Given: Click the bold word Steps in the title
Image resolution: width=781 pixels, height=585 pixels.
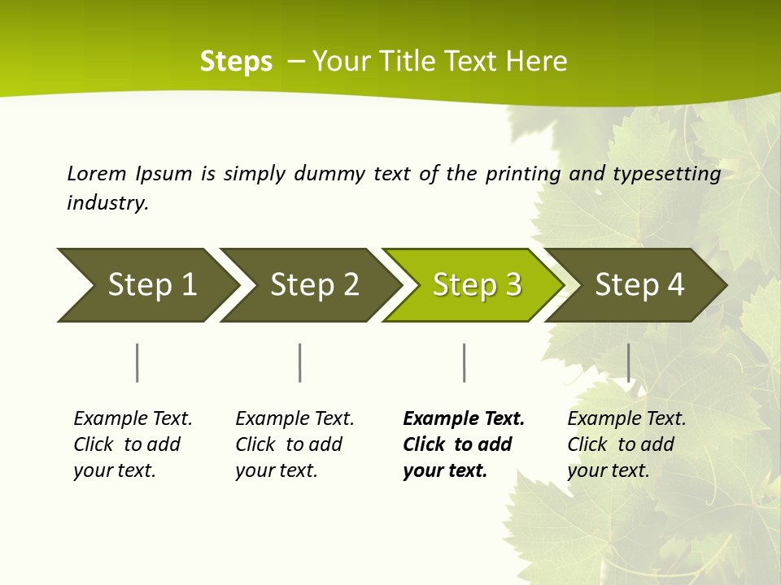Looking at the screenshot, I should (236, 62).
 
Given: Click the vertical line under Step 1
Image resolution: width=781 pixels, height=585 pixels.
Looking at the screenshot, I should (137, 362).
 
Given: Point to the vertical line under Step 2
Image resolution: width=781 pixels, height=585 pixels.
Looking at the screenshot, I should (300, 362).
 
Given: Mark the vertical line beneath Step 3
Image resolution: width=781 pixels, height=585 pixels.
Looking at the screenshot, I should (464, 362).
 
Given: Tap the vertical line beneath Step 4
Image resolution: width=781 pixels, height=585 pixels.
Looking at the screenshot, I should (628, 362).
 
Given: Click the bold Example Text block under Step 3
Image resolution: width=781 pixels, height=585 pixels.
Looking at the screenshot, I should (464, 444).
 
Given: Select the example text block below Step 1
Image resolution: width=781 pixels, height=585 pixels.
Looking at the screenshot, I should (133, 444).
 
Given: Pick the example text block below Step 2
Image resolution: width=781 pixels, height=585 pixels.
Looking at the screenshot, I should (295, 444).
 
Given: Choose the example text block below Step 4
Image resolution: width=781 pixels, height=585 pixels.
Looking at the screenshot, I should (626, 444).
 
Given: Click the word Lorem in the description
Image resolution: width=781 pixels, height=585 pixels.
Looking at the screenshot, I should (97, 173).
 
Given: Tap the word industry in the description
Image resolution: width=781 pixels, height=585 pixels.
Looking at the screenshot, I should (107, 203).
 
